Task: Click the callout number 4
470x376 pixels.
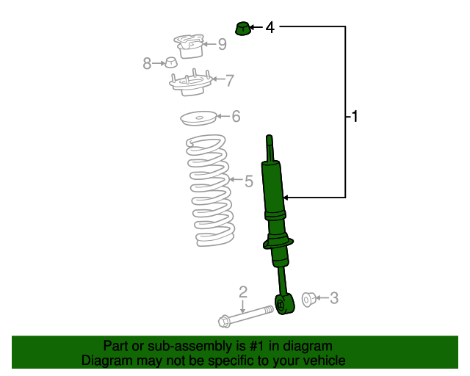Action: coord(270,28)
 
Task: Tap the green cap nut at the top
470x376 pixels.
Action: coord(242,29)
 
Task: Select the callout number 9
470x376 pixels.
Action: coord(222,44)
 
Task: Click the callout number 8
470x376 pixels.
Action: coord(147,64)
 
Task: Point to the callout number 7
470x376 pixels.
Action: coord(230,80)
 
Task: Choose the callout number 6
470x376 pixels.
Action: coord(236,116)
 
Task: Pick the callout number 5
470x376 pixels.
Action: coord(248,180)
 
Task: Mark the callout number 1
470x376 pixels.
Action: coord(355,116)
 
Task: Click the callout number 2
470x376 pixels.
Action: coord(243,293)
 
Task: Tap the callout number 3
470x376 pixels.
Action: coord(334,298)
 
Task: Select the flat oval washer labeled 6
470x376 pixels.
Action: coord(198,117)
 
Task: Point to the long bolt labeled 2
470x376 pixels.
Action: coord(245,317)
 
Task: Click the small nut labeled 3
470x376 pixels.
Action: coord(309,298)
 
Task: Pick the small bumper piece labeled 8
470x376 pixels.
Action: coord(168,63)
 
